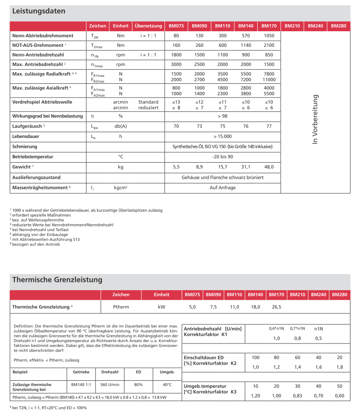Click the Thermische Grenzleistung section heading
click(x=57, y=280)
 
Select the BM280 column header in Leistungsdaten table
click(x=338, y=26)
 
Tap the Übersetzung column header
click(x=148, y=26)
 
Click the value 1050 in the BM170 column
click(x=269, y=36)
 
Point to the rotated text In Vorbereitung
click(x=315, y=119)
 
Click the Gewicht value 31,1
click(x=245, y=167)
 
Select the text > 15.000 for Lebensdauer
click(x=223, y=136)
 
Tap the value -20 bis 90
click(x=223, y=157)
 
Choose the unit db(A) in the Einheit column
click(x=121, y=126)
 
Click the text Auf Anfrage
click(x=223, y=188)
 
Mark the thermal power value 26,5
click(x=276, y=307)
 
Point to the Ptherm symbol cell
click(x=121, y=307)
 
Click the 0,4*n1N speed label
click(x=276, y=328)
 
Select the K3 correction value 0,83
click(x=297, y=395)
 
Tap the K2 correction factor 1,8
click(x=339, y=367)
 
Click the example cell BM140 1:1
click(x=81, y=385)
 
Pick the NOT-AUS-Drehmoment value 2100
click(x=269, y=46)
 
